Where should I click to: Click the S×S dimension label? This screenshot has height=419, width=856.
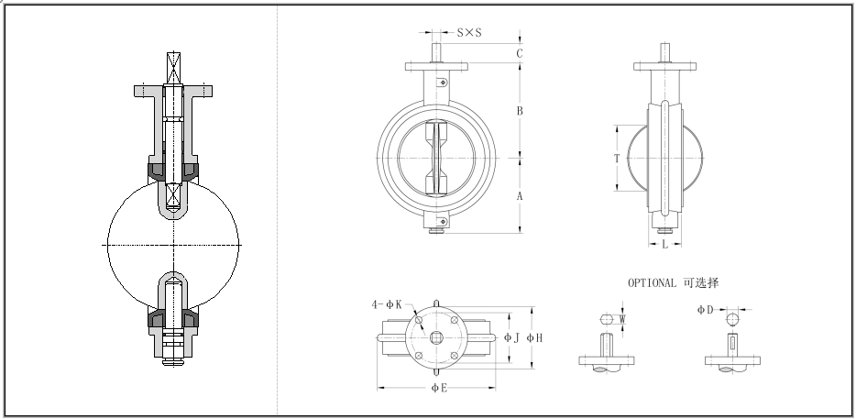click(468, 33)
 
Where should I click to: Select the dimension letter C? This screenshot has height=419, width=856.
click(519, 53)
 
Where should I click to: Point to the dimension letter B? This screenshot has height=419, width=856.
click(519, 111)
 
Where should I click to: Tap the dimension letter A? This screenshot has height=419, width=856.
click(519, 196)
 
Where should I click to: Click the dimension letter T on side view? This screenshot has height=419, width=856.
click(617, 158)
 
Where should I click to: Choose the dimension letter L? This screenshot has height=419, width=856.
click(664, 245)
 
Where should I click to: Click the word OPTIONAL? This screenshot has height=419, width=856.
click(652, 282)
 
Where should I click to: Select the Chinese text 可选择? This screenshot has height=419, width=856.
click(701, 282)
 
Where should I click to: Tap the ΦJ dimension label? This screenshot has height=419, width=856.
click(512, 337)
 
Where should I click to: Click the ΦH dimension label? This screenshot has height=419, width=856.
click(535, 337)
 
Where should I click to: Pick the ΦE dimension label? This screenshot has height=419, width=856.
click(439, 388)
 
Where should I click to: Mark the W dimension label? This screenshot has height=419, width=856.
click(623, 320)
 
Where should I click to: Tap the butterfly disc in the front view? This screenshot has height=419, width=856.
click(436, 157)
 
